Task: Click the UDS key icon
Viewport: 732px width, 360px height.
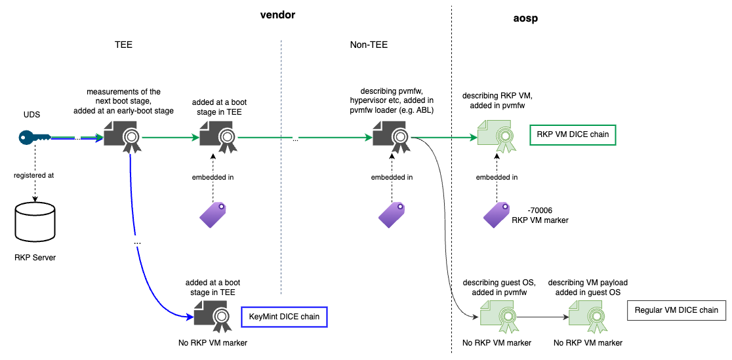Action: pos(33,137)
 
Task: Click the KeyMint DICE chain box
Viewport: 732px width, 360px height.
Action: pos(284,317)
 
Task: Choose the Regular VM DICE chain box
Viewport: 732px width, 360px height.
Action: pos(676,310)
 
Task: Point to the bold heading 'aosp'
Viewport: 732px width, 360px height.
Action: pos(526,18)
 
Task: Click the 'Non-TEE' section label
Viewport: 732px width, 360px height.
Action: pos(369,45)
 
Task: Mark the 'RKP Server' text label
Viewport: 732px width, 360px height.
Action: pos(35,258)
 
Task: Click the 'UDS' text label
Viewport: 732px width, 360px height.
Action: pos(31,114)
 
